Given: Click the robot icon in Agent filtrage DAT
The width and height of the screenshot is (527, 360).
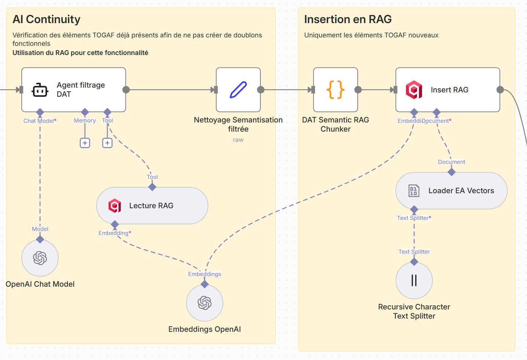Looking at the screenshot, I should click(40, 90).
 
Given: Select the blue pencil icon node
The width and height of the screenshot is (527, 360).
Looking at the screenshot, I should click(238, 90).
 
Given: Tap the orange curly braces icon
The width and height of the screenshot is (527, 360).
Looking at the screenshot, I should click(335, 90).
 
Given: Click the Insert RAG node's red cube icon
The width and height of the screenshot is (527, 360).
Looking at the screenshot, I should click(414, 90).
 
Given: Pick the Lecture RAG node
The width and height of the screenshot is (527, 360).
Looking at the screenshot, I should click(152, 206).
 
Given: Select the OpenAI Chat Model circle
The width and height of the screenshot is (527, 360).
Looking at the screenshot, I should click(40, 258).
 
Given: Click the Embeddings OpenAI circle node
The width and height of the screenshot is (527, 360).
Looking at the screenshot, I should click(205, 303).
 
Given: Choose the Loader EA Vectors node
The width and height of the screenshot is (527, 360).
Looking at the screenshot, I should click(451, 191).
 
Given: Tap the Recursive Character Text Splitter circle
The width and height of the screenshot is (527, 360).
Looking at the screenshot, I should click(414, 280).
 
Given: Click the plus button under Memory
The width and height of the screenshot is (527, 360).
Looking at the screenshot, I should click(85, 143).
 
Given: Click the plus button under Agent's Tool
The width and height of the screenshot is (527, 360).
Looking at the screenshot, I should click(107, 143).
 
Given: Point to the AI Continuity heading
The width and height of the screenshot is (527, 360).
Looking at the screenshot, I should click(47, 19).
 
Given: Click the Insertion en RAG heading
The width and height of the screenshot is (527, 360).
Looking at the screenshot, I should click(348, 19).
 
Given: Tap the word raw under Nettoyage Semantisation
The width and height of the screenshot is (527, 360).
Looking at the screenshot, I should click(238, 140).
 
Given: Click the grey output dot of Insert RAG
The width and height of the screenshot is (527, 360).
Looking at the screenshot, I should click(500, 90).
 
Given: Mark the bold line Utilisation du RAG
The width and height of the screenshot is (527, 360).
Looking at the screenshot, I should click(80, 53).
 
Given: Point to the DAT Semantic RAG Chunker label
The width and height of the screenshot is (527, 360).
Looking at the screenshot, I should click(335, 125).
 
